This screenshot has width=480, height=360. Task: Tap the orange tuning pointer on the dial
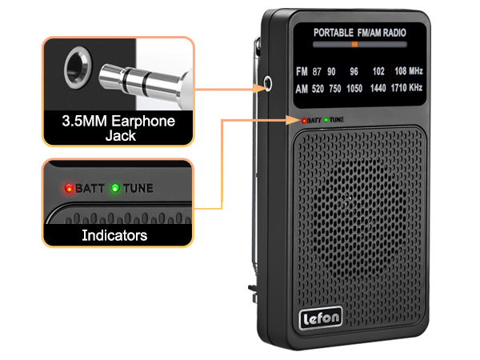click(354, 44)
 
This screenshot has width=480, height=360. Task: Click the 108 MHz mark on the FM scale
click(409, 71)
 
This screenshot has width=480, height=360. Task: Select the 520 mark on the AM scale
click(318, 89)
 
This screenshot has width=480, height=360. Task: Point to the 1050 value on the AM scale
click(354, 89)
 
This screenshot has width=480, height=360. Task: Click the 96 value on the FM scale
click(354, 71)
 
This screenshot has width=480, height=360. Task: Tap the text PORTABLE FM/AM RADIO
click(360, 33)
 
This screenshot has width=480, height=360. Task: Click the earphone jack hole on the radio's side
click(267, 83)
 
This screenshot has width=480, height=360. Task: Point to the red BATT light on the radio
click(304, 121)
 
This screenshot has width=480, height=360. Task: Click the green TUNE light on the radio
click(326, 120)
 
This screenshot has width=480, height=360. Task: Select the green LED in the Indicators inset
click(115, 188)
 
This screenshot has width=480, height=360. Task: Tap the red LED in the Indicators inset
click(69, 188)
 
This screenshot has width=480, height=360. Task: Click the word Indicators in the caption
click(114, 235)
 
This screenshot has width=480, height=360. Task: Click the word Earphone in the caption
click(143, 121)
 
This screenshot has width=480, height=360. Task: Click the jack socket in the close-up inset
click(78, 68)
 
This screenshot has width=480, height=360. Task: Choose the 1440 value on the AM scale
click(378, 88)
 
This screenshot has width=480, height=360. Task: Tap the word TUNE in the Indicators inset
click(138, 188)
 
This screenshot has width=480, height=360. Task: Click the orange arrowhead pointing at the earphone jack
click(259, 89)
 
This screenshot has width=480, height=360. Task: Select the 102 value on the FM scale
click(378, 71)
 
